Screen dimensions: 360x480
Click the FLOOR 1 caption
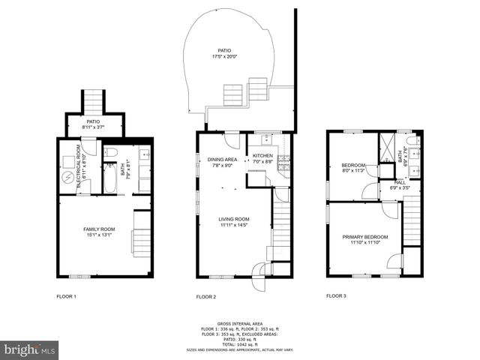pos(66,296)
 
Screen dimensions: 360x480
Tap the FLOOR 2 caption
pos(205,297)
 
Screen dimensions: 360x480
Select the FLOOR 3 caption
pos(336,296)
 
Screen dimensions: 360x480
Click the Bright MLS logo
pos(30,349)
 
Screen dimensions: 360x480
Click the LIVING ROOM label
pos(234,219)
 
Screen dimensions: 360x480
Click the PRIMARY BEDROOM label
pos(365,237)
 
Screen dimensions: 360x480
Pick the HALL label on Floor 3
pos(400,181)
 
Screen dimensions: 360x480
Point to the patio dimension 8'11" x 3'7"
pos(93,127)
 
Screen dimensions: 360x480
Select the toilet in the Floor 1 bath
pos(109,153)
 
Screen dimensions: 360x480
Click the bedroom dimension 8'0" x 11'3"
pos(353,170)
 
